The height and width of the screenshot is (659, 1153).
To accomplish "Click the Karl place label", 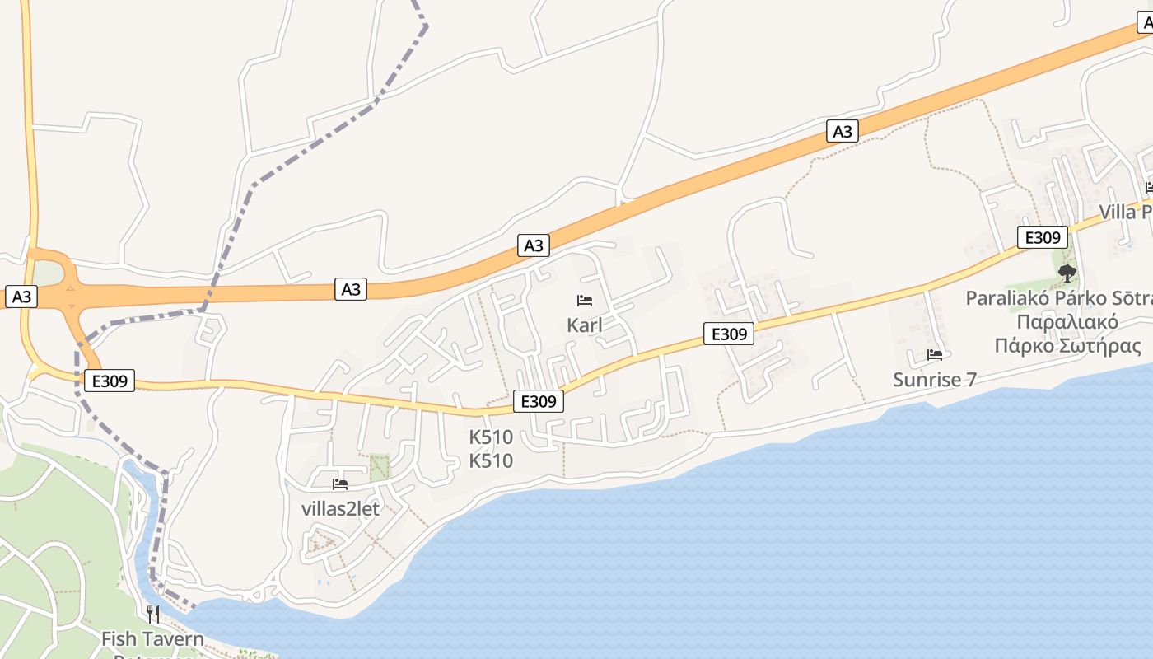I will tap(585, 325).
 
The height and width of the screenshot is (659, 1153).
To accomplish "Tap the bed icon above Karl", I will tap(585, 301).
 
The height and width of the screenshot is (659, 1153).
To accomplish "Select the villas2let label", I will tap(340, 509).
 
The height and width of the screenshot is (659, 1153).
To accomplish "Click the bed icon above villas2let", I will tap(340, 484).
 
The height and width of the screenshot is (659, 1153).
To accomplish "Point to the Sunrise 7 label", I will tap(935, 380).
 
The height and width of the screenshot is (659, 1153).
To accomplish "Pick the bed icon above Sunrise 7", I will tap(935, 355).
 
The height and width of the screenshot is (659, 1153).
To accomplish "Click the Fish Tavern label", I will tap(152, 638).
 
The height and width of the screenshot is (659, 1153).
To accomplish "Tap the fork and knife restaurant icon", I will tap(152, 614).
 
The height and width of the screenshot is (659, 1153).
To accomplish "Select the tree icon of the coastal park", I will tap(1067, 273).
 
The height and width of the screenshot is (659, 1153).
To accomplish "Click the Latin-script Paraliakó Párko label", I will tap(1059, 298).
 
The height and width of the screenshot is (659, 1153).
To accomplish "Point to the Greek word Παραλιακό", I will tap(1067, 322).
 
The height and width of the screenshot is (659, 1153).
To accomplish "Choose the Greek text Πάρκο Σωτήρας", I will tap(1067, 346).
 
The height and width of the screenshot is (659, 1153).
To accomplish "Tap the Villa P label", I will tap(1127, 213).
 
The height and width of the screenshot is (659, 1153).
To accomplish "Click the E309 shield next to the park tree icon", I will tap(1043, 238).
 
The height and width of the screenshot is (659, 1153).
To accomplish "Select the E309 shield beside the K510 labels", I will tap(539, 401).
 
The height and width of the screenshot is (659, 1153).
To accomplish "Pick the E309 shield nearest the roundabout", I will tap(109, 381).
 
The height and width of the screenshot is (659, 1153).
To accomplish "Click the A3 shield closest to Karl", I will tap(534, 245).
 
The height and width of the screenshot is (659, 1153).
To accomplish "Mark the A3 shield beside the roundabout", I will tap(21, 297).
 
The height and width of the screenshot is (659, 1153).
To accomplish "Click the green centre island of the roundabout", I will tap(48, 272).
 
